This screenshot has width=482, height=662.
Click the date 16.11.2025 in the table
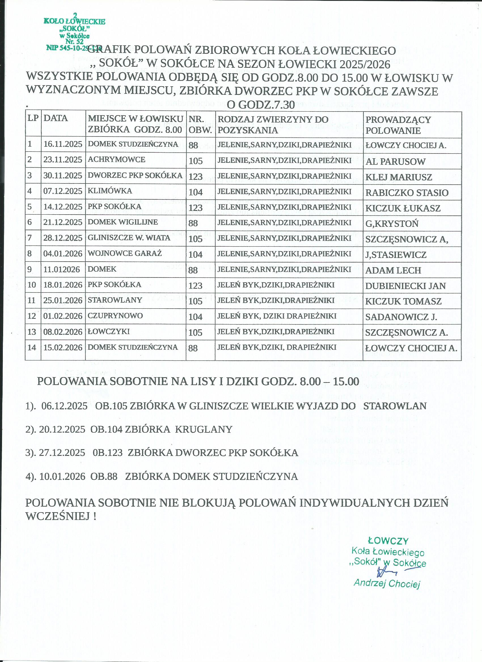pyautogui.click(x=63, y=144)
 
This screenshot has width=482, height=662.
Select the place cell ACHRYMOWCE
pyautogui.click(x=116, y=159)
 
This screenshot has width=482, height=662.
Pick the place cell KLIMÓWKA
pyautogui.click(x=110, y=191)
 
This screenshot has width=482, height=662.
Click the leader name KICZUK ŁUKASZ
pyautogui.click(x=403, y=208)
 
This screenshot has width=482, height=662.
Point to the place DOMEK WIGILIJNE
pyautogui.click(x=123, y=222)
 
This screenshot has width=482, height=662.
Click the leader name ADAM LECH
pyautogui.click(x=393, y=270)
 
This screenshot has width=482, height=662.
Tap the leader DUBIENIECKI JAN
pyautogui.click(x=405, y=286)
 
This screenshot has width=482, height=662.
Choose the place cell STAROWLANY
pyautogui.click(x=115, y=300)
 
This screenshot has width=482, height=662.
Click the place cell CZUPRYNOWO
pyautogui.click(x=115, y=315)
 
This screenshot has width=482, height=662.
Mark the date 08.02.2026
pyautogui.click(x=63, y=332)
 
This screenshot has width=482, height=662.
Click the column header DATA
pyautogui.click(x=56, y=118)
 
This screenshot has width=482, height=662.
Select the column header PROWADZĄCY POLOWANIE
pyautogui.click(x=398, y=125)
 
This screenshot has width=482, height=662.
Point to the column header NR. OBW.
pyautogui.click(x=200, y=125)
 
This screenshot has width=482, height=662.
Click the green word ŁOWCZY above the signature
pyautogui.click(x=388, y=541)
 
